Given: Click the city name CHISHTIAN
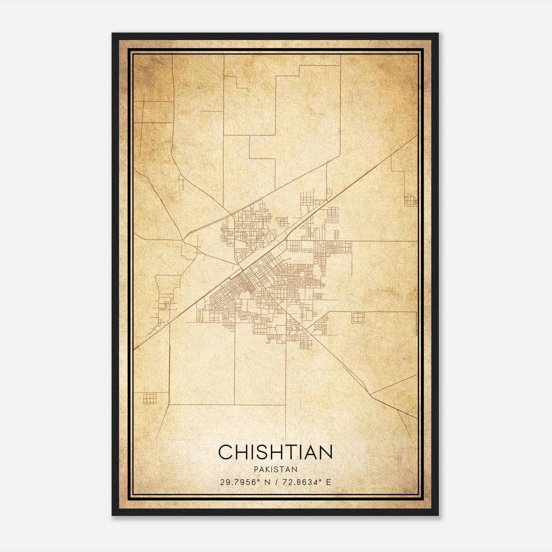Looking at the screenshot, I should [x=275, y=452].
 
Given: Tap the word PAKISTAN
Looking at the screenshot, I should [x=275, y=469].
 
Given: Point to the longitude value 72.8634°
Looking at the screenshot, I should [x=300, y=482].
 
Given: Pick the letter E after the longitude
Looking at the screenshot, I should [x=329, y=482].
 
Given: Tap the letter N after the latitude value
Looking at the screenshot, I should [x=267, y=482].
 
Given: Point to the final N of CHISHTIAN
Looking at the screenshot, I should [x=326, y=452].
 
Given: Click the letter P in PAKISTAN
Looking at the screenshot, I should [x=256, y=469].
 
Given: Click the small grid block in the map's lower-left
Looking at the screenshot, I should [x=149, y=398].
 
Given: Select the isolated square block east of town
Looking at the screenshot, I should [x=358, y=317].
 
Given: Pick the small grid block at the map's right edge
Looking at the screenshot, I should [x=411, y=201].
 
